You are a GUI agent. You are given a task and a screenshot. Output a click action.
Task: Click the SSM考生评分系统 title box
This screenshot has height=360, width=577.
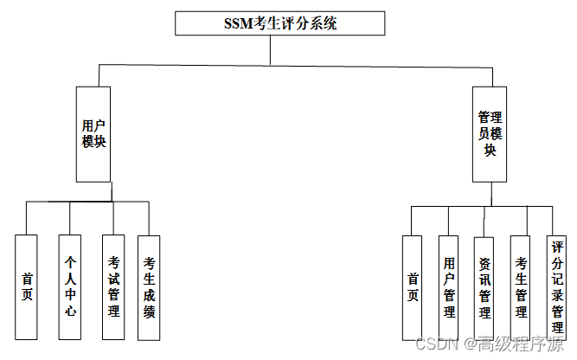pos(279,22)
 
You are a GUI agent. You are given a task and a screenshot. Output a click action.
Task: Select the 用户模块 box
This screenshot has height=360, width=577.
pos(93,134)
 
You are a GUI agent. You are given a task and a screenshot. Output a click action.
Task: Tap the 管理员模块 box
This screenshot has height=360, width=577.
pos(490,134)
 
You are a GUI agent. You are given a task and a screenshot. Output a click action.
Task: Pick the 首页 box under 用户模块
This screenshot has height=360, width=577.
pos(27,286)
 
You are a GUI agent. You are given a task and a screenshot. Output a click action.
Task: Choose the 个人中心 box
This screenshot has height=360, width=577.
pos(70,286)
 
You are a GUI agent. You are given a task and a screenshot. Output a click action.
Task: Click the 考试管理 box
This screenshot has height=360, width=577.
pos(112,286)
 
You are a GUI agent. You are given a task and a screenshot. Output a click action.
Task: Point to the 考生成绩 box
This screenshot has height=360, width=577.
pos(149,286)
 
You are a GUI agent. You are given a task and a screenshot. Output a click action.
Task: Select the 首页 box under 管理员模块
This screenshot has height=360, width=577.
pos(413,286)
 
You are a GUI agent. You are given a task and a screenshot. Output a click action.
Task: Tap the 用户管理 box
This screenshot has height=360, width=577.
pos(448,286)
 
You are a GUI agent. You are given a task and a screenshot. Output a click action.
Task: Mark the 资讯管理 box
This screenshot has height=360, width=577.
pos(484,286)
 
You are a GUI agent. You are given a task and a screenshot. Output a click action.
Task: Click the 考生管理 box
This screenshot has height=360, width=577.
pos(520,286)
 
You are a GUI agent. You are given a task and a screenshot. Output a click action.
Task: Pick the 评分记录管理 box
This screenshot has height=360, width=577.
pos(557,286)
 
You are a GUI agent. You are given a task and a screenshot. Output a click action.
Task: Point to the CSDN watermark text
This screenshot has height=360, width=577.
pos(436,344)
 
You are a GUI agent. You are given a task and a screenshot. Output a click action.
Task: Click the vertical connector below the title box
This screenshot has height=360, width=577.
pos(271,50)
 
